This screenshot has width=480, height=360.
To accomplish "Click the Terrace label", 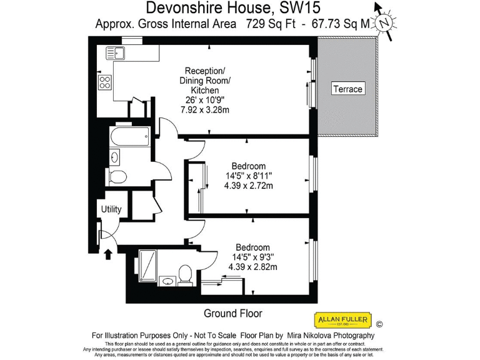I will click(347, 89).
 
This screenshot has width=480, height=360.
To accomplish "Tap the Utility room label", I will click(111, 209).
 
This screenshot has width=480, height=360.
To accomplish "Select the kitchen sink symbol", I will click(116, 52).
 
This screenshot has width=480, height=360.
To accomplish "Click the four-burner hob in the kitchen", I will click(105, 82).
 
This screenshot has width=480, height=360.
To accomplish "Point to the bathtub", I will click(129, 135).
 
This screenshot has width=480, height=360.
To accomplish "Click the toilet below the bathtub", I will click(117, 176).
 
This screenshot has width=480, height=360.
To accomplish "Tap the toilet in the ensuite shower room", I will click(185, 273).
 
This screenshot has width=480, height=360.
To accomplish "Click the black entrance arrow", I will click(107, 254).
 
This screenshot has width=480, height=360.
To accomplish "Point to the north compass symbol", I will click(386, 22).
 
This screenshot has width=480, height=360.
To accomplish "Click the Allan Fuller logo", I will click(342, 321).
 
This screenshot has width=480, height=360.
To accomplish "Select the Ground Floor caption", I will click(233, 313).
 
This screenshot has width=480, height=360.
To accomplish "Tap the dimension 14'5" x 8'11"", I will click(248, 176).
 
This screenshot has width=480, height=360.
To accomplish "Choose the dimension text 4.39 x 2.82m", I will click(252, 267).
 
